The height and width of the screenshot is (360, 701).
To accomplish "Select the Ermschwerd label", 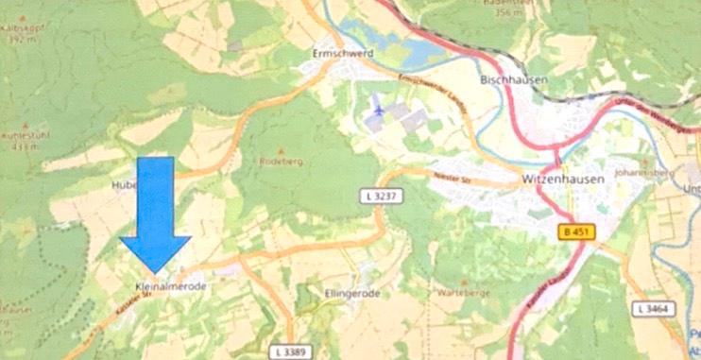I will point(343,54).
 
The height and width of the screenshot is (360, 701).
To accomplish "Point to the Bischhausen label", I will point(514,81).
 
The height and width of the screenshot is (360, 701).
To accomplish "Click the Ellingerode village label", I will point(350,294).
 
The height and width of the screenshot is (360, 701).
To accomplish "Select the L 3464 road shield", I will point(652,309).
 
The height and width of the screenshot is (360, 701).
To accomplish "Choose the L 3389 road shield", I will point(298,351).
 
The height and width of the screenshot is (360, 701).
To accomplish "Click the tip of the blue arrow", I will point(156,274).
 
